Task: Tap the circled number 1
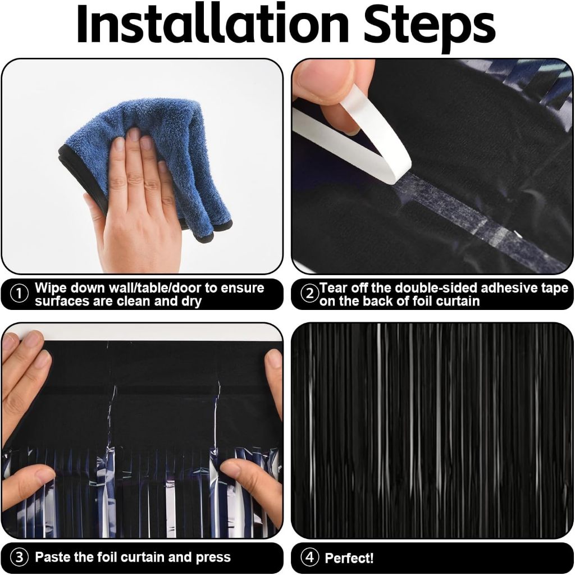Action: [19, 294]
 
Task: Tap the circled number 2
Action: [309, 294]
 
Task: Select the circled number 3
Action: [19, 558]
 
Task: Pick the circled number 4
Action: [310, 558]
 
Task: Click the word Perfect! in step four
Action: [349, 558]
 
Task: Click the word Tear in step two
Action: [334, 288]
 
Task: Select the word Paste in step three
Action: [53, 557]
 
